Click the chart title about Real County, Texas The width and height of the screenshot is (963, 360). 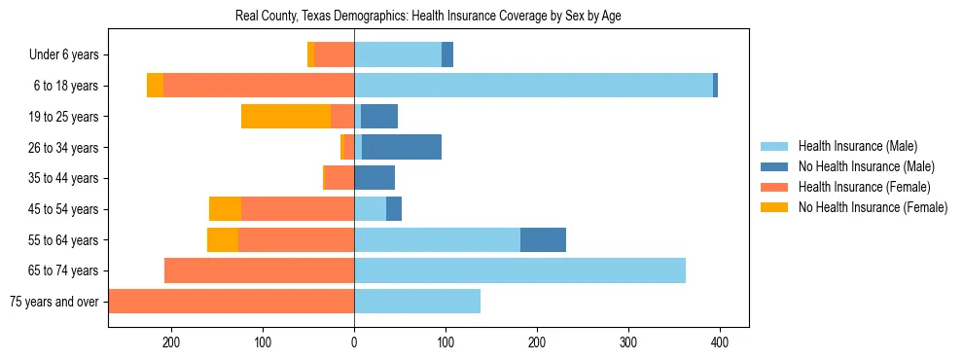coord(428,16)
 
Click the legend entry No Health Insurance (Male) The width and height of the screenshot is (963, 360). coord(866,166)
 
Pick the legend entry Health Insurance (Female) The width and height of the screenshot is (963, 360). coord(865,187)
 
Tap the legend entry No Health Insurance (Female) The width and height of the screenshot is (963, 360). coord(873,207)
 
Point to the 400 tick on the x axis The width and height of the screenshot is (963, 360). coord(720,342)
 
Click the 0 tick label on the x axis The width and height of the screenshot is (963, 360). coord(354,342)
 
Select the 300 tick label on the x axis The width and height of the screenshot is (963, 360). coord(628,342)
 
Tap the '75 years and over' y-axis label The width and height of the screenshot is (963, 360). coord(53,302)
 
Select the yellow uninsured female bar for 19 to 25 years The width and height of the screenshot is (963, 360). coord(286,117)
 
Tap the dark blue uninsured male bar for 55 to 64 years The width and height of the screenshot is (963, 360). coord(543,239)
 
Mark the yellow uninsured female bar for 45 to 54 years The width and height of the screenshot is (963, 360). coord(225,209)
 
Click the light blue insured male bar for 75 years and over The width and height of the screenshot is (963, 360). coord(417,302)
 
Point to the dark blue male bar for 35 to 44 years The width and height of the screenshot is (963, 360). coord(374,178)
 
